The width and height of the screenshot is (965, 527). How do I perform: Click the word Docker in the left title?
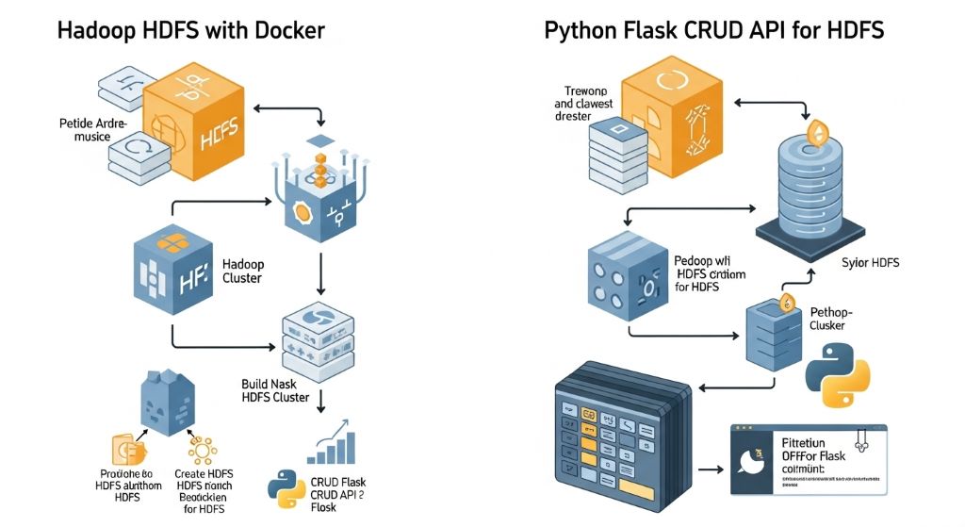pyautogui.click(x=287, y=30)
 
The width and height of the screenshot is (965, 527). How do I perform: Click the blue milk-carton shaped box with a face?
pyautogui.click(x=167, y=403)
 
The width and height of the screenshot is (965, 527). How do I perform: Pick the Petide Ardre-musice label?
pyautogui.click(x=84, y=130)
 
